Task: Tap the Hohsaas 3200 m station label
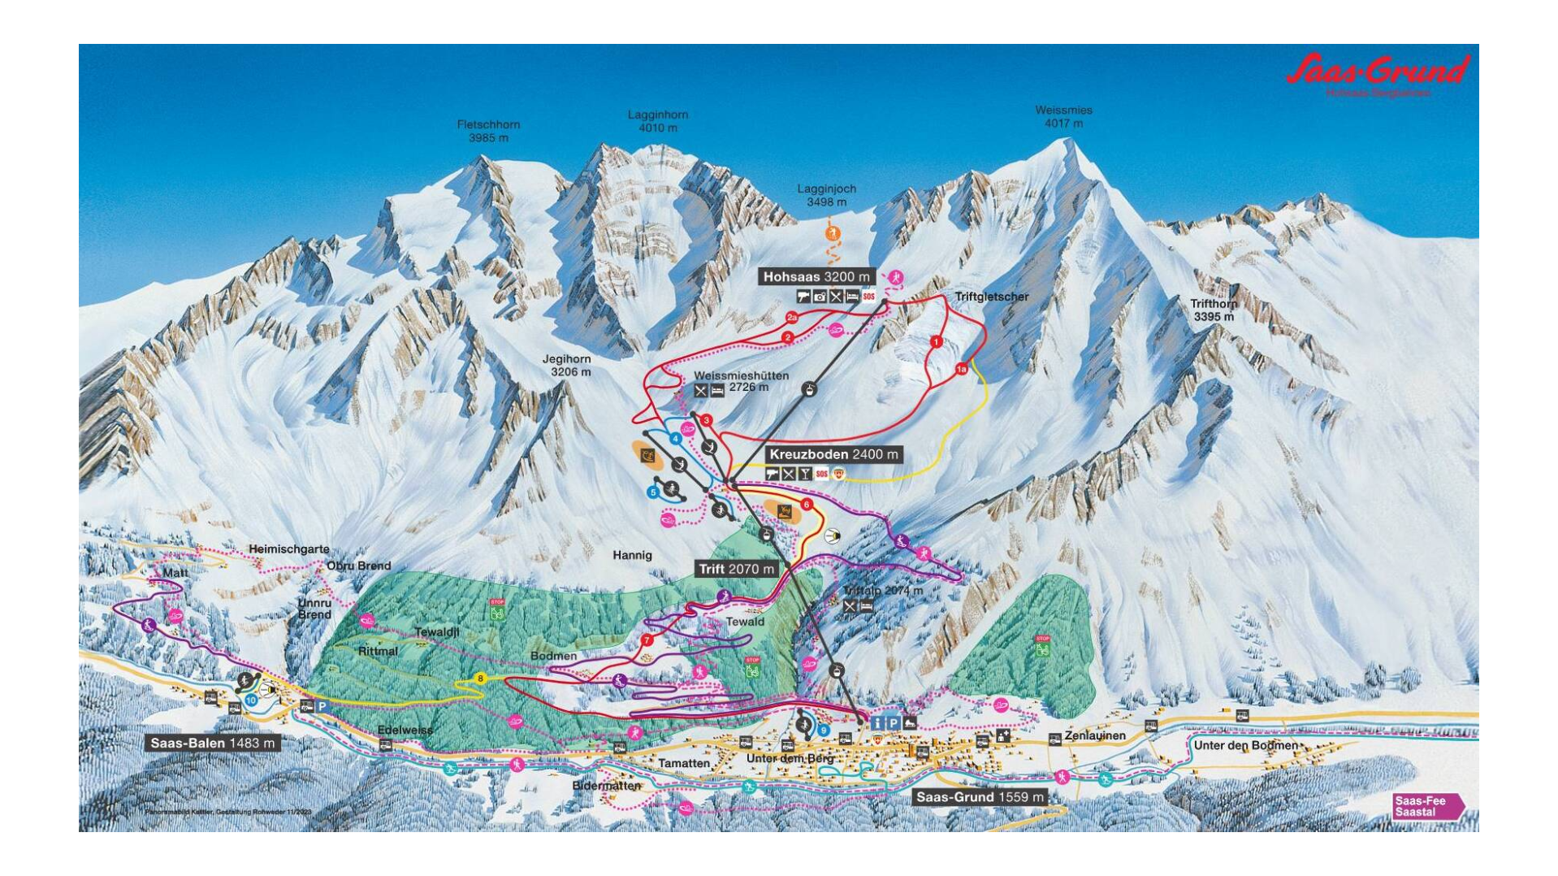coord(816,277)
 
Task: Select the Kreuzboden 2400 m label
coord(833,455)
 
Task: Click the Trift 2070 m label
coord(736,569)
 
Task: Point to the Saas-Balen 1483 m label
coord(213,743)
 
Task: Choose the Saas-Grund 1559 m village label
coord(980,797)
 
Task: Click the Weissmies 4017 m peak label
coord(1063,117)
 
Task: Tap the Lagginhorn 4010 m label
coord(657,121)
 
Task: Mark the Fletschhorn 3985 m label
coord(488,131)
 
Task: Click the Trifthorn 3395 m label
coord(1214,310)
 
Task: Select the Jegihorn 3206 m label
coord(567,366)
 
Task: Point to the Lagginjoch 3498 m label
coord(826,195)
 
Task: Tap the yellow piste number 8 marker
coord(480,679)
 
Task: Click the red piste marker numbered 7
coord(647,640)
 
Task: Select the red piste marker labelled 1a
coord(962,369)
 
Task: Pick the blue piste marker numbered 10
coord(251,700)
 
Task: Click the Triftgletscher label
coord(991,297)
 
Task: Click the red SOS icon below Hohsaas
coord(869,297)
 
